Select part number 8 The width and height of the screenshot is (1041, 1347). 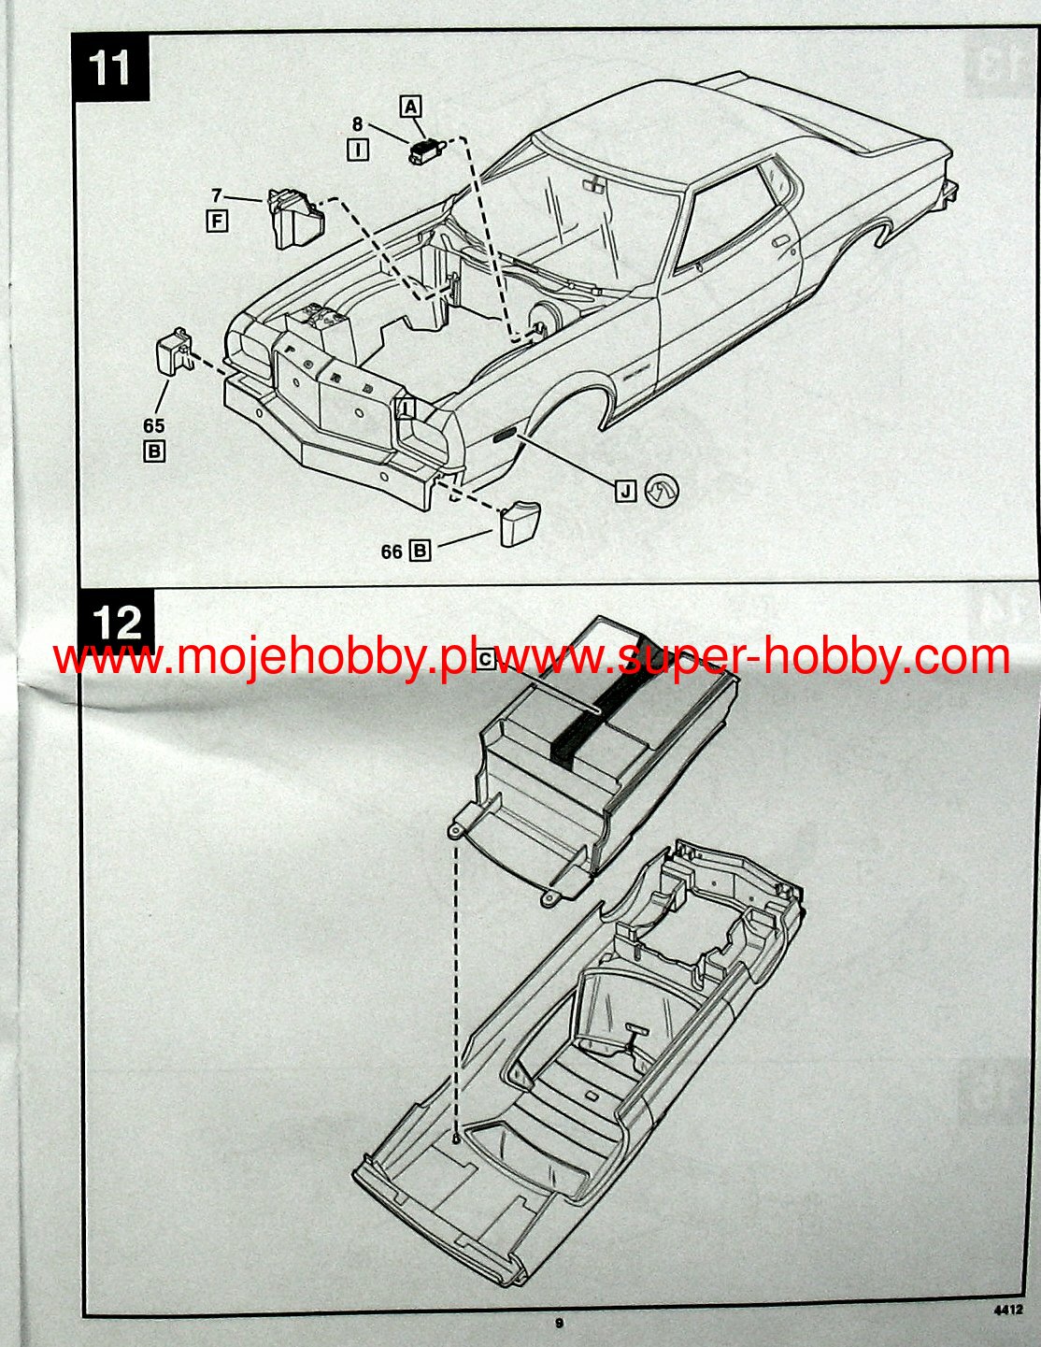(357, 122)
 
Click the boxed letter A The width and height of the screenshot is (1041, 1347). (410, 107)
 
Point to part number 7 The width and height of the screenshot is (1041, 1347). (217, 195)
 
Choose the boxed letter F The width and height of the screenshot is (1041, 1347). (217, 222)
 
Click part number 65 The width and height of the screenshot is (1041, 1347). (154, 426)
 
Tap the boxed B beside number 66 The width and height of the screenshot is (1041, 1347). (421, 552)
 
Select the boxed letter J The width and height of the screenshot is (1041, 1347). (625, 490)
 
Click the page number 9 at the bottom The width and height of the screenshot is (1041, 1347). (559, 1323)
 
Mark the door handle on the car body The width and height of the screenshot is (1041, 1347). (780, 241)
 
